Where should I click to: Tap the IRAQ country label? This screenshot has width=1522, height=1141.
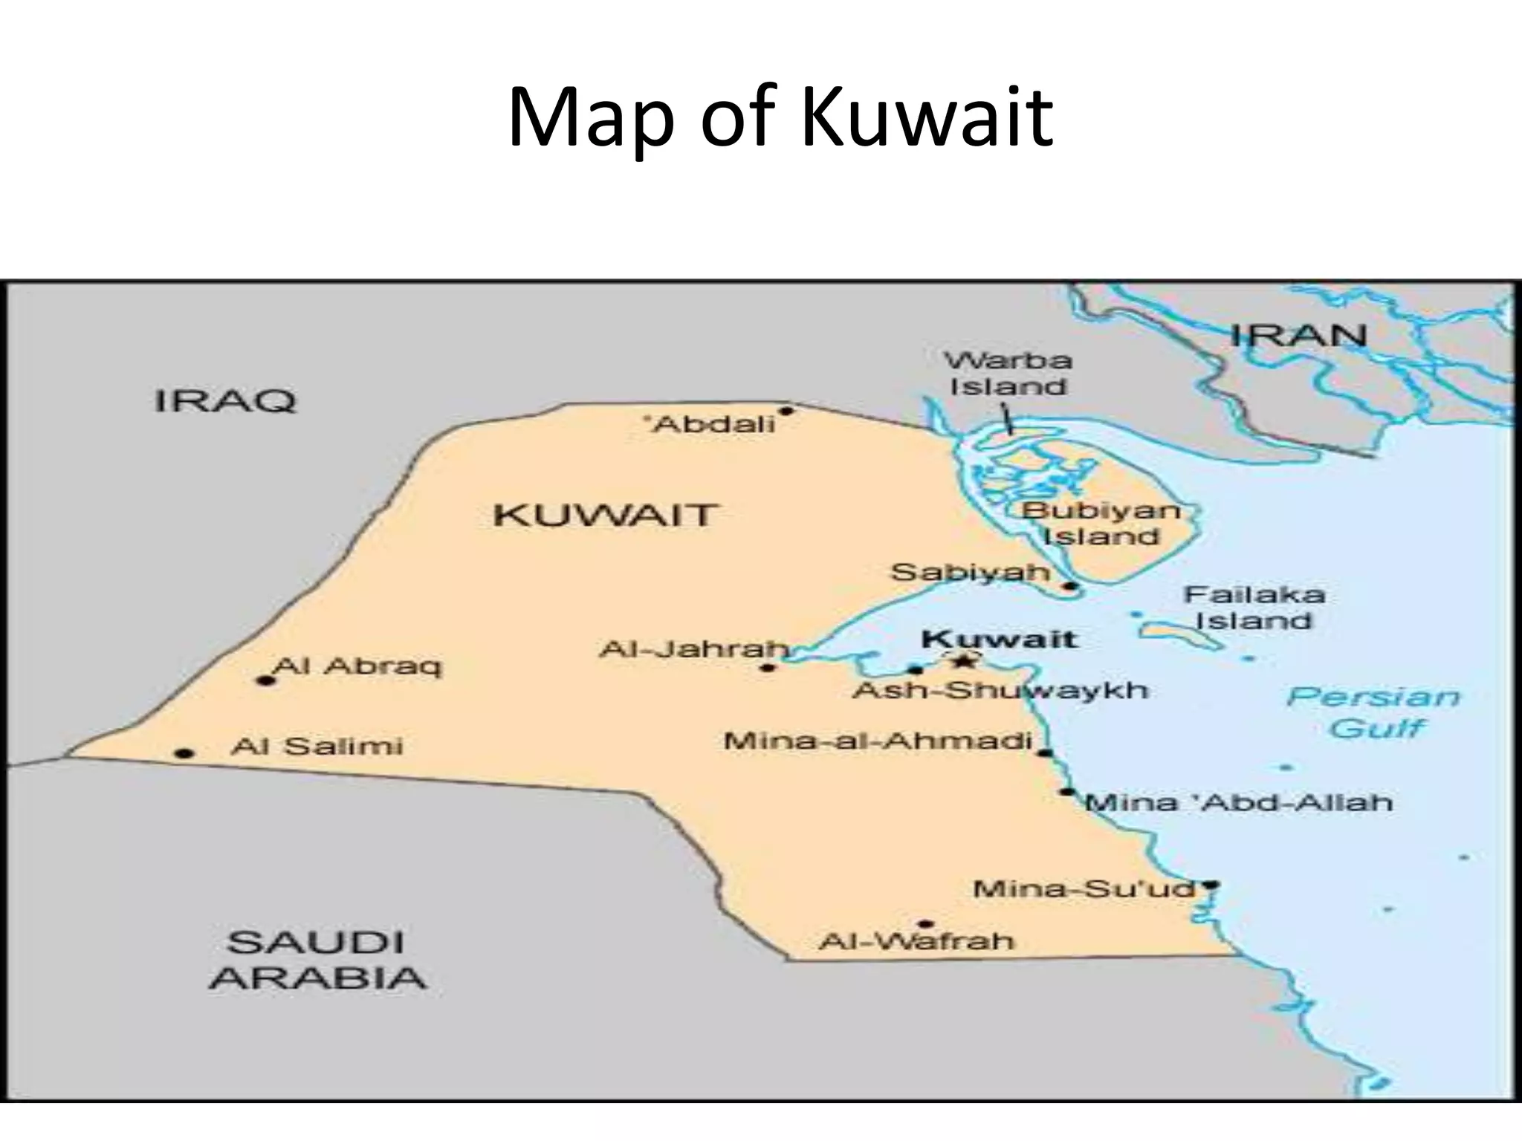coord(225,401)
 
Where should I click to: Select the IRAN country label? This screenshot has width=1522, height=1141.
coord(1298,335)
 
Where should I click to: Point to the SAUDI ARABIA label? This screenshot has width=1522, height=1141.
coord(318,960)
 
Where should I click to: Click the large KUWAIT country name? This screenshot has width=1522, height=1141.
coord(604,515)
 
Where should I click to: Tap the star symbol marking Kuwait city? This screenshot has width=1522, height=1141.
coord(963,660)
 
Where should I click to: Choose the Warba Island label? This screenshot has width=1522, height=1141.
coord(1008,374)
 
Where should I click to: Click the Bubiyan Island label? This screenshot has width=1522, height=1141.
coord(1101,523)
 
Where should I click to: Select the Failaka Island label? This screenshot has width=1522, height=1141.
coord(1254,607)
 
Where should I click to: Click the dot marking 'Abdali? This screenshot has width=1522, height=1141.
coord(786,411)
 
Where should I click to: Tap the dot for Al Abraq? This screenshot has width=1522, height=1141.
coord(265,680)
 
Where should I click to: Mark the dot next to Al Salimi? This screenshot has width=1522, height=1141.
coord(184,754)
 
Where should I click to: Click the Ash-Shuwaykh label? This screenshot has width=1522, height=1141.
coord(1000,691)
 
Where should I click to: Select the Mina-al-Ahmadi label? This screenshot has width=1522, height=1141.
coord(878,741)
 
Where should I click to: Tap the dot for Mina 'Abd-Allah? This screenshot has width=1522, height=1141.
coord(1067,792)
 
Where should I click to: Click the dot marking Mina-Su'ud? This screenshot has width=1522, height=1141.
coord(1211,885)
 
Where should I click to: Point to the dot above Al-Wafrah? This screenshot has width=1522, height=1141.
coord(925,924)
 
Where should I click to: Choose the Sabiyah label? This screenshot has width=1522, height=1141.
coord(970,572)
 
